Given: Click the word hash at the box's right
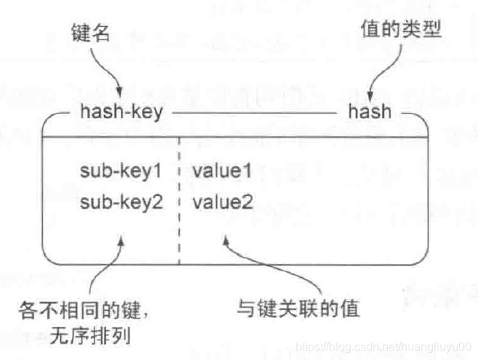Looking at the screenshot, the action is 370,113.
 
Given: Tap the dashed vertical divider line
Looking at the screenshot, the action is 178,218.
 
